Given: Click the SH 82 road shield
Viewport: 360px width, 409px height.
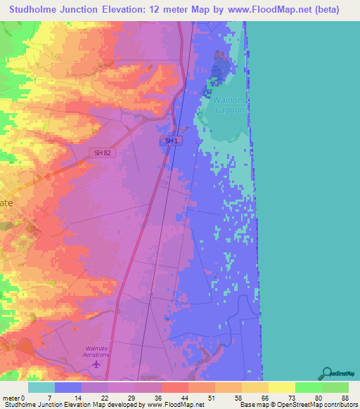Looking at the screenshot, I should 103,152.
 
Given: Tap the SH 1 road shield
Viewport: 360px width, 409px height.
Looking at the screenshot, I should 169,141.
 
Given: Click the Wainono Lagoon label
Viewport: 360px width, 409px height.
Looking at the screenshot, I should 229,105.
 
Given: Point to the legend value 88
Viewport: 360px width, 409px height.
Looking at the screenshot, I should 344,397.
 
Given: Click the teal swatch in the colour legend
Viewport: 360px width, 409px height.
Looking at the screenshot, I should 41,387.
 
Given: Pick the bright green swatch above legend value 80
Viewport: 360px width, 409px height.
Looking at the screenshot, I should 308,387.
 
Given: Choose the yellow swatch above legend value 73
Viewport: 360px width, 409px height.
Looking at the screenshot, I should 281,387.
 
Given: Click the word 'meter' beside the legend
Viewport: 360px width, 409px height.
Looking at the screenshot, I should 12,397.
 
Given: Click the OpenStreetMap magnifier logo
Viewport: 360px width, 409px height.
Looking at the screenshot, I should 326,372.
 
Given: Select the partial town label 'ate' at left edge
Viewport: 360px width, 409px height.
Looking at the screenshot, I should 6,202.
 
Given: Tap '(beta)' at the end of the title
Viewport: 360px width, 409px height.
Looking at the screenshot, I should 325,10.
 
